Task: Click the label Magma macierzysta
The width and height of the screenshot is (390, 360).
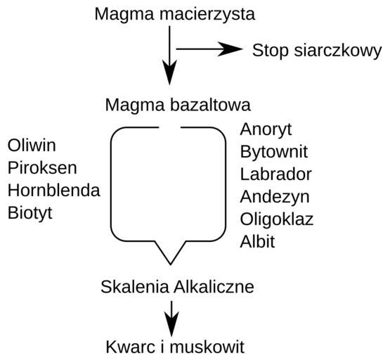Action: click(175, 15)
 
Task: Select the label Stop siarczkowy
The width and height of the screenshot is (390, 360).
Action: click(317, 51)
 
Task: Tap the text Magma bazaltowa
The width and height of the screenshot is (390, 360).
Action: click(178, 105)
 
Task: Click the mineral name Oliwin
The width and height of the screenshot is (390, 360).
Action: click(32, 146)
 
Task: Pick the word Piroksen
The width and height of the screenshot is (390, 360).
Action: click(42, 167)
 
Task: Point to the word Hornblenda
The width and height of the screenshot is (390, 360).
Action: click(53, 191)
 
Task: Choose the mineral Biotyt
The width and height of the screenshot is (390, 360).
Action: click(30, 213)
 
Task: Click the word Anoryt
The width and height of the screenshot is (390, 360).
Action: click(266, 129)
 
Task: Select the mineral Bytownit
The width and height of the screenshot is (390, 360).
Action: click(274, 152)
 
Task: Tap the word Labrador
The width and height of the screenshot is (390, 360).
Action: click(276, 174)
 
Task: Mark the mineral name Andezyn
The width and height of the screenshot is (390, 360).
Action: click(275, 198)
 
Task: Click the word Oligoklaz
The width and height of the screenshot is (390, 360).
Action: click(277, 219)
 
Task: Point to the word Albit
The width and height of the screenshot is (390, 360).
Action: click(257, 242)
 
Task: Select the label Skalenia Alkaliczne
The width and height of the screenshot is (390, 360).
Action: click(177, 287)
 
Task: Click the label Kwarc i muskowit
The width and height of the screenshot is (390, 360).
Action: click(175, 347)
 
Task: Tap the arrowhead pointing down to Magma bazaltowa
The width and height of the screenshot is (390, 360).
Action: click(169, 72)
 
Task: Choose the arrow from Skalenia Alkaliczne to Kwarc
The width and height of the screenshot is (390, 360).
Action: click(171, 319)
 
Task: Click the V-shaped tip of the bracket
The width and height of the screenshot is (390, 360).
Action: click(170, 264)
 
